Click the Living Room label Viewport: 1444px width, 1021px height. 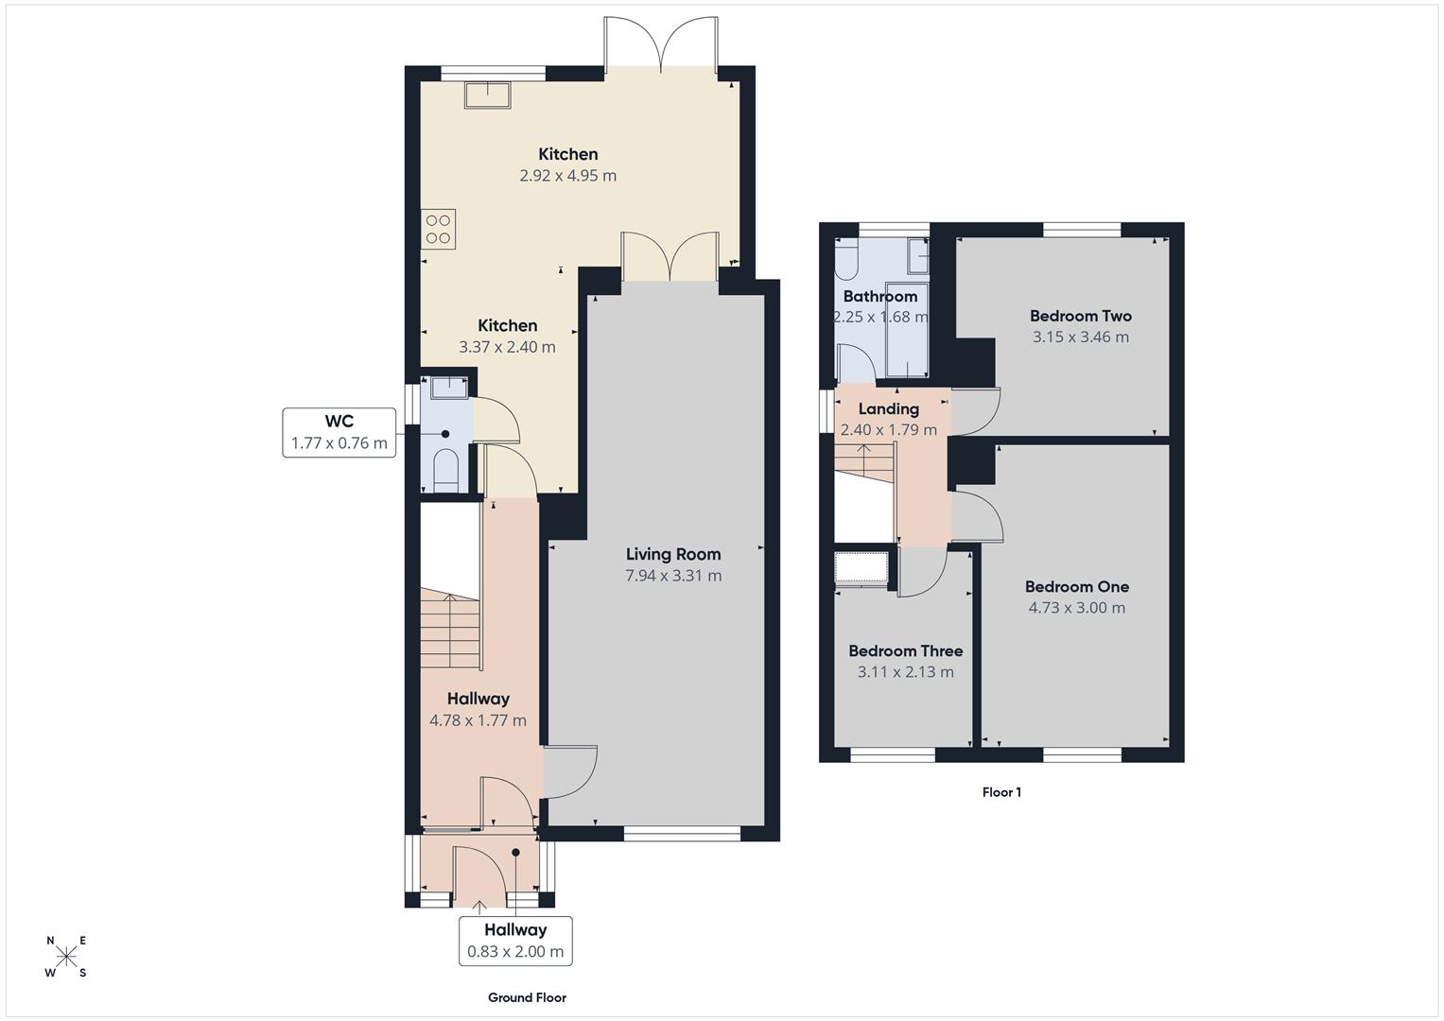click(672, 554)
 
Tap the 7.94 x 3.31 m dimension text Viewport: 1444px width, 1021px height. click(672, 576)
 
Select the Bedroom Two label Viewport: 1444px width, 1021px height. click(1080, 316)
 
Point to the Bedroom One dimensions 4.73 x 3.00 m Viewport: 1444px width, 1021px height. click(1076, 608)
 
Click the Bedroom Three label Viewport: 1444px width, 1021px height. click(905, 650)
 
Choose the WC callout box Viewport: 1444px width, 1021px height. click(339, 432)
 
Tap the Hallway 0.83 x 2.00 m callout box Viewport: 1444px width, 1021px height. click(515, 941)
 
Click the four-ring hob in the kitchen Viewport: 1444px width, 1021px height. click(439, 229)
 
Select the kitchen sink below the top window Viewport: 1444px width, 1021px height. click(487, 95)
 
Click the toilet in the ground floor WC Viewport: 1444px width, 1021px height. click(444, 469)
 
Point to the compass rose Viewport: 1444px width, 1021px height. click(66, 957)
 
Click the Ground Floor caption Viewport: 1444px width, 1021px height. click(527, 997)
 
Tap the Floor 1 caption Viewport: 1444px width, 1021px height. click(1001, 792)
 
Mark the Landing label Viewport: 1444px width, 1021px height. click(888, 408)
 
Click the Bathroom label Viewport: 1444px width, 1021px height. click(879, 296)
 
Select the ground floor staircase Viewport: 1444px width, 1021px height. click(451, 629)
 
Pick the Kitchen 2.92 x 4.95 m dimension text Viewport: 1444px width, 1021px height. click(567, 176)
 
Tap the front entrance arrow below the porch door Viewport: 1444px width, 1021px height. click(479, 909)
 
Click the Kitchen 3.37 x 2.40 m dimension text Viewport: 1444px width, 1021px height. click(507, 347)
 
